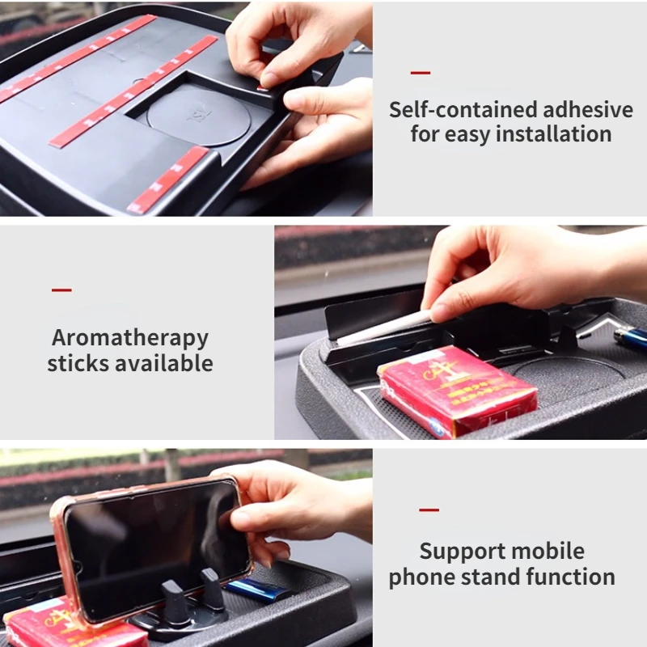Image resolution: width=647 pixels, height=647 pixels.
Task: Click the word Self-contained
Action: (x=463, y=110)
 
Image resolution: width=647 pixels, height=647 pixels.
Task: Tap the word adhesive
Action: (x=588, y=110)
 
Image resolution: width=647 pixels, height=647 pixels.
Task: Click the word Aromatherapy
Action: (x=130, y=339)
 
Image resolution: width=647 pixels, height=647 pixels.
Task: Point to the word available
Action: (x=164, y=363)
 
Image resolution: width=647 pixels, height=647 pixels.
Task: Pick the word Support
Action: (x=462, y=552)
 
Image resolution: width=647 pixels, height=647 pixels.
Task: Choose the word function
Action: (x=570, y=577)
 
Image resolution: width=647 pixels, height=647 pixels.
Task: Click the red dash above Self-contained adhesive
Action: (x=421, y=73)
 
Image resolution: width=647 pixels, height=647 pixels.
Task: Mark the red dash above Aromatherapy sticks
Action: (x=61, y=290)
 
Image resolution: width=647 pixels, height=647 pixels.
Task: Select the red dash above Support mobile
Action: (x=429, y=510)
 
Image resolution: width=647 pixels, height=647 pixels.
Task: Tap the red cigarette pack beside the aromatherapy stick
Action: (x=457, y=391)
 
